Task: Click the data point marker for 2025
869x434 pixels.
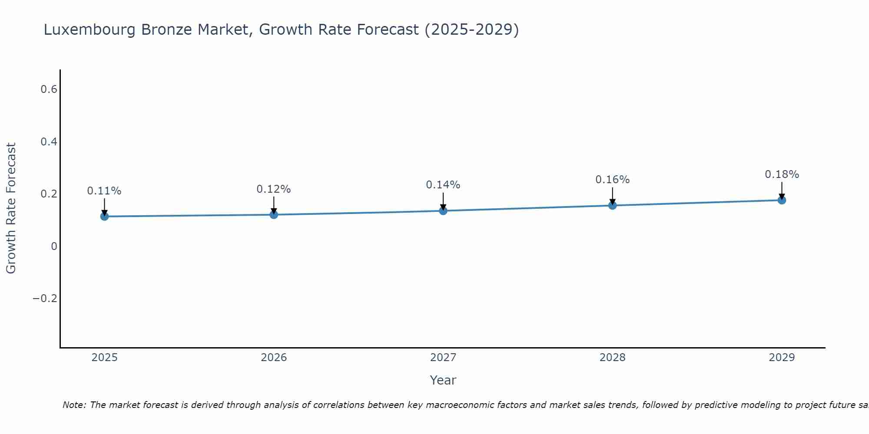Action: tap(104, 216)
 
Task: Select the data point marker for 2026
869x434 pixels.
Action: tap(274, 214)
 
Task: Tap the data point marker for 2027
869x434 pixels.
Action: tap(443, 210)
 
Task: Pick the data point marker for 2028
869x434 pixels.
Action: tap(612, 205)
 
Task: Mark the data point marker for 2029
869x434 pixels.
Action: tap(782, 200)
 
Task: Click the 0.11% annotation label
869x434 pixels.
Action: tap(104, 191)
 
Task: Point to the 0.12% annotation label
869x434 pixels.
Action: tap(274, 189)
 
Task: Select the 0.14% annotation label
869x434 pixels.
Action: tap(443, 185)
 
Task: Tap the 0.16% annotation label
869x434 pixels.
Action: tap(612, 180)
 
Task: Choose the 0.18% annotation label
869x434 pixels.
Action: tap(782, 174)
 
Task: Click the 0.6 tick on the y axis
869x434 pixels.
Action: tap(49, 89)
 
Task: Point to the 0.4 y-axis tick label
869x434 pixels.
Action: tap(49, 142)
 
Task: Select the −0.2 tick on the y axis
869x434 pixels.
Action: tap(45, 299)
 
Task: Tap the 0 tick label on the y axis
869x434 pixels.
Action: tap(54, 247)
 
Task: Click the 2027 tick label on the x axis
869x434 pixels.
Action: tap(443, 358)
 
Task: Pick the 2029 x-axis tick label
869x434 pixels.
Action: tap(782, 358)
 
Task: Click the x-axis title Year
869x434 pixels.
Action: tap(443, 380)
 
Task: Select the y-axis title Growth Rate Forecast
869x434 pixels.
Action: tap(11, 208)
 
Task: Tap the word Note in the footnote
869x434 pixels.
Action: tap(73, 405)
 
